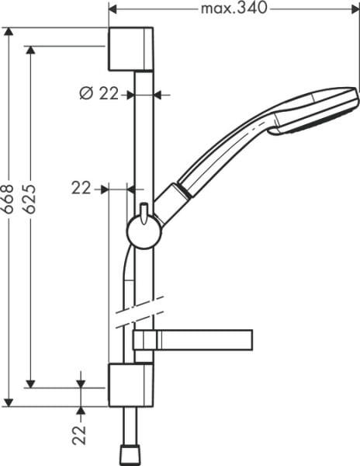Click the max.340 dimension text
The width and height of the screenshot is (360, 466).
click(x=233, y=9)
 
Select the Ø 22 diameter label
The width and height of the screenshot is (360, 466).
click(x=99, y=93)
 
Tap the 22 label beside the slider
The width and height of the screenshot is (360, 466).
click(x=81, y=187)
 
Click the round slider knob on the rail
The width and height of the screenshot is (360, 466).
click(x=143, y=231)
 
